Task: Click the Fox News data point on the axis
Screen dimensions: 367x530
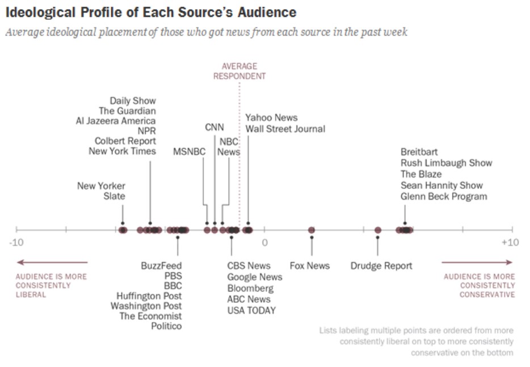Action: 312,230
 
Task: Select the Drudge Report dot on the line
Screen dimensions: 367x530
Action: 378,230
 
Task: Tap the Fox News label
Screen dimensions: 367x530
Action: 309,265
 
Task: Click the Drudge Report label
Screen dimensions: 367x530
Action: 381,265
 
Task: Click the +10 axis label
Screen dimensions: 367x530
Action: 510,243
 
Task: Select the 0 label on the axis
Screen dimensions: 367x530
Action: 264,243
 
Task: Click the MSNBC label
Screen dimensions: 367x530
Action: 189,151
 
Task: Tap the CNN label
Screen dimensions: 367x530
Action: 214,127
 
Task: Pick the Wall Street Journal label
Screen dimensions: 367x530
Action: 285,129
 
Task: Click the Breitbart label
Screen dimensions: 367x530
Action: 419,152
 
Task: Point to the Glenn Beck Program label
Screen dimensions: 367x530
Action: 444,196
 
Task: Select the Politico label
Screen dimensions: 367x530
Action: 166,326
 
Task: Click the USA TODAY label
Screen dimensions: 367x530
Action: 251,310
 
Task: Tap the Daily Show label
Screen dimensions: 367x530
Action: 133,100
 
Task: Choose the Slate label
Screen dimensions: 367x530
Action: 114,196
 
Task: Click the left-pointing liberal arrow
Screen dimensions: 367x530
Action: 52,262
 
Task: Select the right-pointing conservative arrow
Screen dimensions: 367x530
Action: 477,262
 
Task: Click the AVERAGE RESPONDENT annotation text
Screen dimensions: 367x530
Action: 239,71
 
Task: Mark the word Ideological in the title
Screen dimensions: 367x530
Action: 39,11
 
